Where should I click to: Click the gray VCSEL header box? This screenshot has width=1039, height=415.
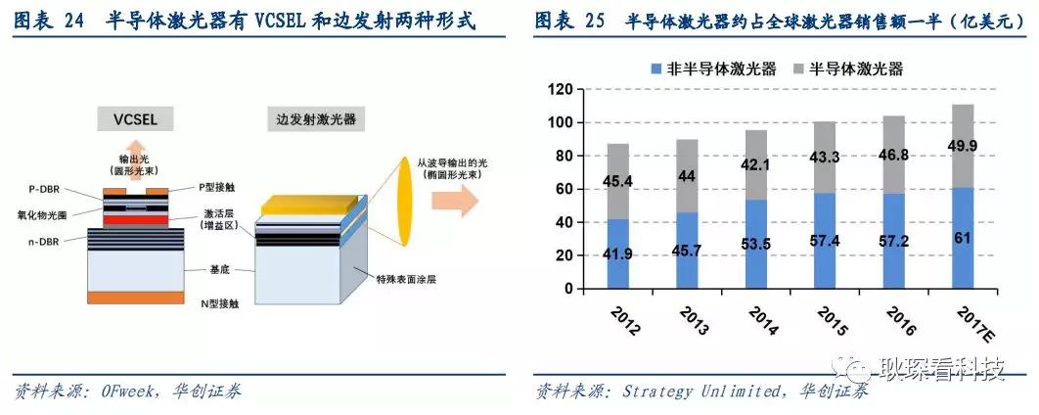tap(135, 119)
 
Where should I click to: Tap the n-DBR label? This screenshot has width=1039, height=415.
tap(44, 243)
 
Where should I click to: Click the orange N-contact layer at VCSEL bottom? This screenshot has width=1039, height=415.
tap(137, 298)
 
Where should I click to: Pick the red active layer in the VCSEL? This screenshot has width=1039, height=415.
tap(135, 219)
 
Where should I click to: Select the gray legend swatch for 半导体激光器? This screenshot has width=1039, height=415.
tap(797, 69)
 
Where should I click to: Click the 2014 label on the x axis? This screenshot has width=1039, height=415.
tap(763, 320)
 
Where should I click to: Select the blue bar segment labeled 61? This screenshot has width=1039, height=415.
tap(971, 238)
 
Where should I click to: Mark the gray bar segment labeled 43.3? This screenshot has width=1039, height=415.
tap(834, 158)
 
